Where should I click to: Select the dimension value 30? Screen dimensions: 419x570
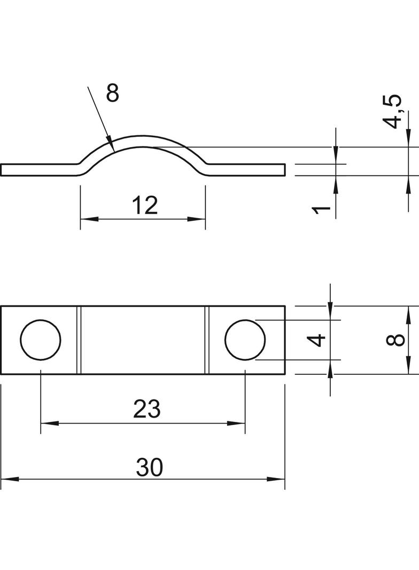coord(149,467)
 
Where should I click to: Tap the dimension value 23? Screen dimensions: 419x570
coord(147,409)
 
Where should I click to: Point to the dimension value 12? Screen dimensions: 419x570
coord(145,205)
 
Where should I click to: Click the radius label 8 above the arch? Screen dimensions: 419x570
coord(113,93)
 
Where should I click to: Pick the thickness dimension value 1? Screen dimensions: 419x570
coord(321,210)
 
